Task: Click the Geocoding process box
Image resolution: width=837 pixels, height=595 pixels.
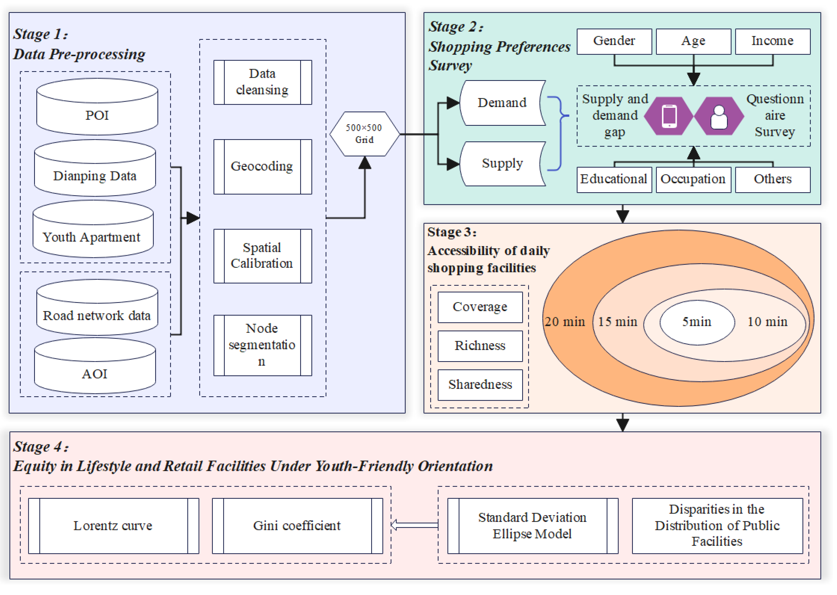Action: click(x=262, y=167)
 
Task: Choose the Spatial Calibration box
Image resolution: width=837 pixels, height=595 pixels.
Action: click(x=262, y=256)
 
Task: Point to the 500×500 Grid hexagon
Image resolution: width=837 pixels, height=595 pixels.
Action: click(x=364, y=134)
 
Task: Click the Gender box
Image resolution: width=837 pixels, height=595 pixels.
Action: click(x=614, y=41)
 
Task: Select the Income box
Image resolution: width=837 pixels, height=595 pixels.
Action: click(x=773, y=41)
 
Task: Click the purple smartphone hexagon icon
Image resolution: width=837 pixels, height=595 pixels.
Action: click(x=669, y=116)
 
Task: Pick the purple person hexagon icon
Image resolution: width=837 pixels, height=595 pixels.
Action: click(x=719, y=116)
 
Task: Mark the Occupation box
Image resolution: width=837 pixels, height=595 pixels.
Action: click(x=693, y=179)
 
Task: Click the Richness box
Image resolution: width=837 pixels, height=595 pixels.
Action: click(x=480, y=346)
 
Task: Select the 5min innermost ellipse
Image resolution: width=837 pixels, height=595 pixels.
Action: click(x=697, y=322)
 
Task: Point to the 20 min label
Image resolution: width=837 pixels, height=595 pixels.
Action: click(x=565, y=322)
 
